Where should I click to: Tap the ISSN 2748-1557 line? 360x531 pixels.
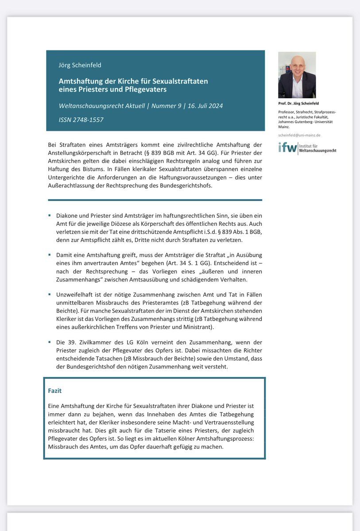point(81,119)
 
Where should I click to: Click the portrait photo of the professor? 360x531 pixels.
point(297,75)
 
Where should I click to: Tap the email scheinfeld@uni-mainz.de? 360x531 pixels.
point(299,135)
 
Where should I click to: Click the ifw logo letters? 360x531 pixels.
point(287,147)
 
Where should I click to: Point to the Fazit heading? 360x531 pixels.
point(55,391)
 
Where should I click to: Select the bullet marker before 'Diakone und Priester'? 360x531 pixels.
point(50,215)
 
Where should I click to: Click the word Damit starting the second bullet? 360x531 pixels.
point(65,255)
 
